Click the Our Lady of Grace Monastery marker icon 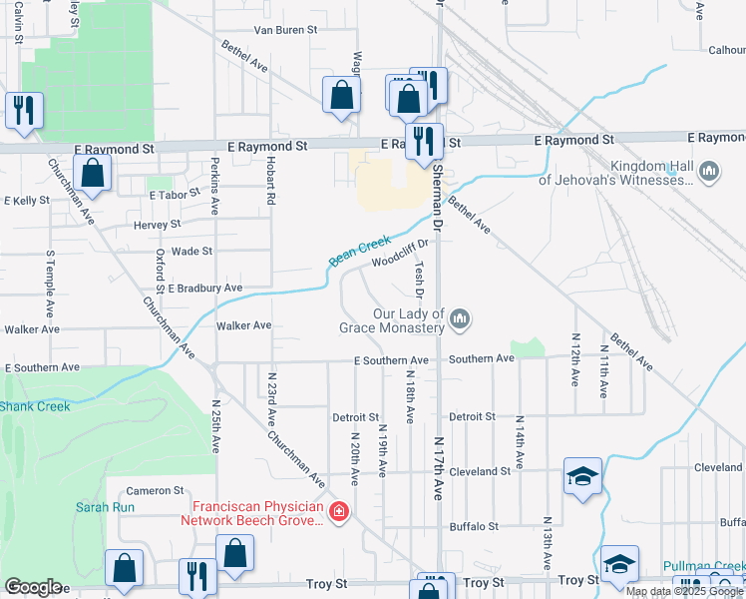click(x=460, y=319)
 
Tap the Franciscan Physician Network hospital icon click(x=340, y=512)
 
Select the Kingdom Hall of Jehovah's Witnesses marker click(x=709, y=173)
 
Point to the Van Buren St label click(x=285, y=30)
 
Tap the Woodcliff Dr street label click(x=400, y=253)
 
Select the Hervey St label click(x=156, y=226)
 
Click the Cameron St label click(x=155, y=490)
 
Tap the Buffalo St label click(x=474, y=526)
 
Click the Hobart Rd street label click(x=270, y=180)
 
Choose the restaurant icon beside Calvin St click(x=24, y=108)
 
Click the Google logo click(x=33, y=587)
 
